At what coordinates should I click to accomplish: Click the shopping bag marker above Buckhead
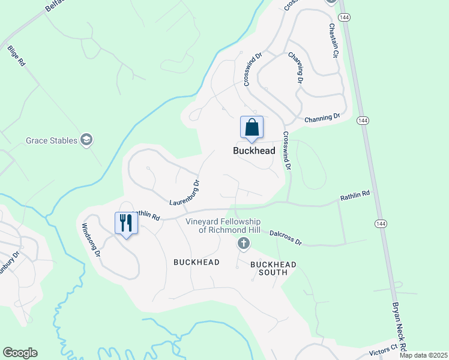click(252, 128)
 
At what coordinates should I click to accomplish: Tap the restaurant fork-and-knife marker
click(126, 223)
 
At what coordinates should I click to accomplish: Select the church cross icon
click(243, 243)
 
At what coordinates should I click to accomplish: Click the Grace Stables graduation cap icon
click(88, 140)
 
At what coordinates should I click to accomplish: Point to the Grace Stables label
click(52, 140)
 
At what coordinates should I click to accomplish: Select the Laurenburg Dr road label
click(184, 193)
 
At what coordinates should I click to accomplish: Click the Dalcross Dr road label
click(285, 237)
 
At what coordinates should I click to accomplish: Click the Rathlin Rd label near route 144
click(355, 194)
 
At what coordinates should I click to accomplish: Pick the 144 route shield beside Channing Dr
click(362, 120)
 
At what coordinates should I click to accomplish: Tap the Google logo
click(20, 353)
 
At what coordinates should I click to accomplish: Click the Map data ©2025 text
click(423, 355)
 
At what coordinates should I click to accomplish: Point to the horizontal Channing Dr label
click(322, 118)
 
